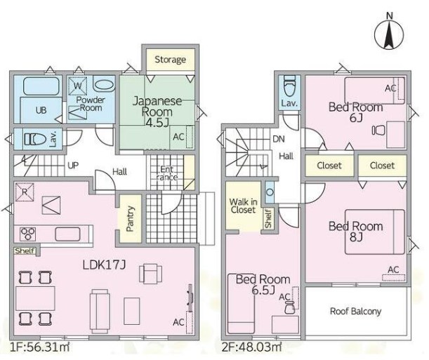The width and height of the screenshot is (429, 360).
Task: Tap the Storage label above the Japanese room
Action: coord(170,60)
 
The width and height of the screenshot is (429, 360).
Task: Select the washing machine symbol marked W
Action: coord(78,86)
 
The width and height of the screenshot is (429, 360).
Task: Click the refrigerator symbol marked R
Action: coord(25,192)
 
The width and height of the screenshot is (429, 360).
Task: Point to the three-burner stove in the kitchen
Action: coord(27,234)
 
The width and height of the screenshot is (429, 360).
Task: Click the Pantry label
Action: coord(130,218)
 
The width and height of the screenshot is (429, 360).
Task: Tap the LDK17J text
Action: coord(104,265)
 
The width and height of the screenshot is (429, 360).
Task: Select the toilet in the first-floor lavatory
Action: coord(35,139)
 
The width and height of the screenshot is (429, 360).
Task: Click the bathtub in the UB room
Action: coord(41,86)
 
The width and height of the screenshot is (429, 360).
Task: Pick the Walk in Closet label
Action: coord(243,206)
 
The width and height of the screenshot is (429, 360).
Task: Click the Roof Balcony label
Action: coord(355,311)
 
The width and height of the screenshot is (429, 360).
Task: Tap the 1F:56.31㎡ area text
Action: coord(39,347)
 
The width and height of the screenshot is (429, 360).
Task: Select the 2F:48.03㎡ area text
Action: coord(251,347)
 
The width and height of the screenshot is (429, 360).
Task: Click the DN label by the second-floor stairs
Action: coord(279,139)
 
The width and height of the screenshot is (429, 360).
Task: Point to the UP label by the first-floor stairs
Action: coord(73,166)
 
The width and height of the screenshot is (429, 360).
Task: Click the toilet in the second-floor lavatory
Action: coord(290,86)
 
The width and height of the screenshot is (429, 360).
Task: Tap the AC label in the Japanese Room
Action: coord(178,137)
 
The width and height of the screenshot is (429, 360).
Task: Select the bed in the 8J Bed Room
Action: coord(374,232)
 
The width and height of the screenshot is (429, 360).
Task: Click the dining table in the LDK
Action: coord(35,298)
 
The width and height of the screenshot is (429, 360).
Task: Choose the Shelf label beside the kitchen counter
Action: coord(25,251)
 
